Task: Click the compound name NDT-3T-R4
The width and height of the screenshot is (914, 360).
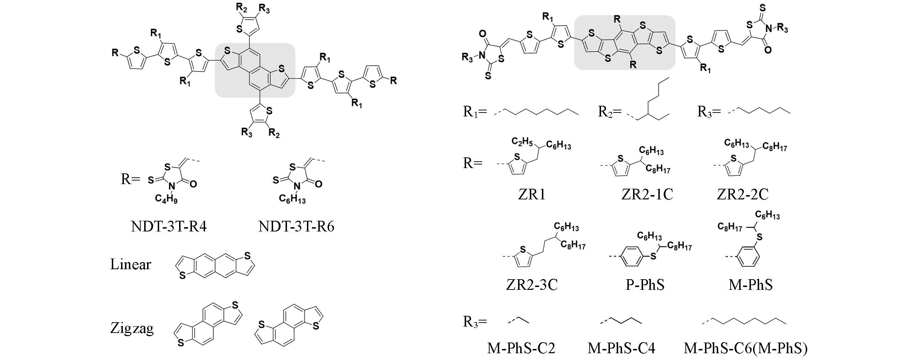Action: pos(169,226)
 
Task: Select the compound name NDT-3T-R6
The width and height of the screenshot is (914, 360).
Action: pos(296,226)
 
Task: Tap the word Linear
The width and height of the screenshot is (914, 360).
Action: pos(131,264)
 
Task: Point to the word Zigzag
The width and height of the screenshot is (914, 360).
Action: pos(132,328)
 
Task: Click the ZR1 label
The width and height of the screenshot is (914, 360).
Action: pos(532,194)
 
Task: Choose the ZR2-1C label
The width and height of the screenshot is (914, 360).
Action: pos(647,194)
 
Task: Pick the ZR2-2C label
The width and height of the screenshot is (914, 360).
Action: pos(742,194)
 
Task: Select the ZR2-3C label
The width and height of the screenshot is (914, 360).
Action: pos(532,285)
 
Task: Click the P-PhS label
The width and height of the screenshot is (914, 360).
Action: pos(645,285)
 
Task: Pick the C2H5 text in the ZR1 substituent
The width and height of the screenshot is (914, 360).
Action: pos(522,142)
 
